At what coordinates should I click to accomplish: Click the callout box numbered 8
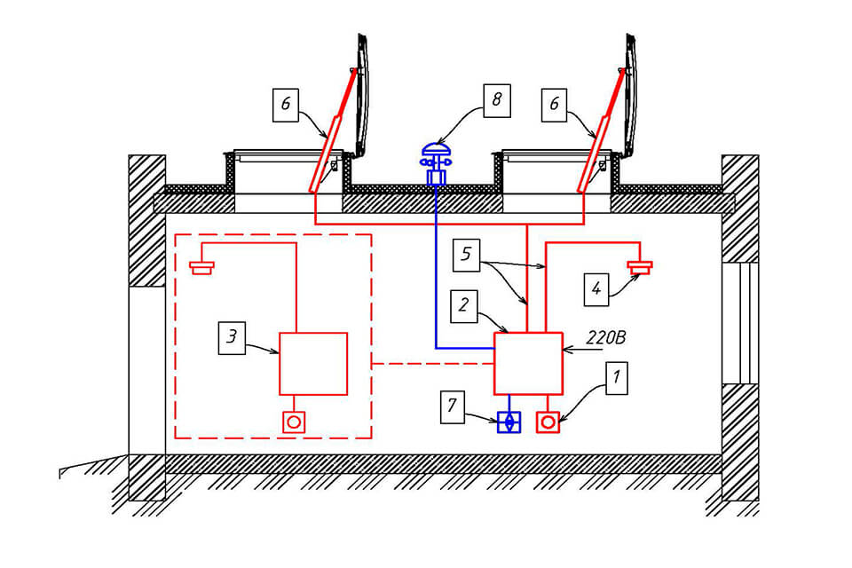[497, 100]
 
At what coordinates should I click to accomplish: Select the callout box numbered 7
[452, 406]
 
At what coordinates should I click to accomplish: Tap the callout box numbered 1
[616, 378]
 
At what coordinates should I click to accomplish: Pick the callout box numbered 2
[464, 306]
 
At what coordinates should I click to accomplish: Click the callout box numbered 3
[232, 337]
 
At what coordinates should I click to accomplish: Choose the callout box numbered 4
[596, 289]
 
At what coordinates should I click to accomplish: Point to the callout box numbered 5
[466, 255]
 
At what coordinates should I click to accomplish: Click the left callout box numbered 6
[285, 105]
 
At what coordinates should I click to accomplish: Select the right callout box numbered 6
[554, 105]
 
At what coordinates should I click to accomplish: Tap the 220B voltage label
[606, 338]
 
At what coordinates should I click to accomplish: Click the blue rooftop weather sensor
[436, 163]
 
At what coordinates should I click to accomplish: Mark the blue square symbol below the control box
[509, 422]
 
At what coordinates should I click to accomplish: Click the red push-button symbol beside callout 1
[548, 422]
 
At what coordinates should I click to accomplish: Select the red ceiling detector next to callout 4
[640, 267]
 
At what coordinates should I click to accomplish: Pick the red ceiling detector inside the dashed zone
[201, 267]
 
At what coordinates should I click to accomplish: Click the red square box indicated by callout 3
[313, 364]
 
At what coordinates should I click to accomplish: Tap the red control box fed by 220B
[528, 363]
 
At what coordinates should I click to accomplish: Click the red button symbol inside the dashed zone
[294, 422]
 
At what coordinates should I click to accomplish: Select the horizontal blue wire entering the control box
[464, 348]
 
